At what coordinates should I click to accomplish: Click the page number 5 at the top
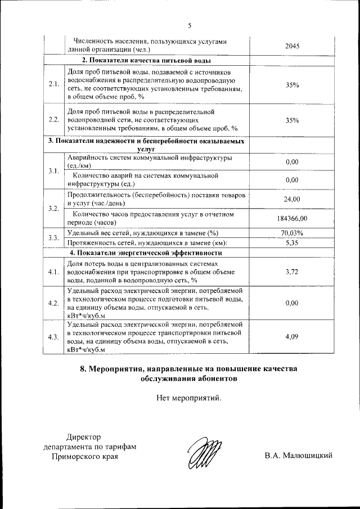(190, 25)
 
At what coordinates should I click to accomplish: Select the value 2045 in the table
(292, 46)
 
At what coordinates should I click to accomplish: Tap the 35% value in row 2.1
(292, 85)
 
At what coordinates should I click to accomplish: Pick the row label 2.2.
(54, 120)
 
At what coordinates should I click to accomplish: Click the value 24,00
(292, 199)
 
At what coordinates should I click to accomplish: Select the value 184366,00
(292, 218)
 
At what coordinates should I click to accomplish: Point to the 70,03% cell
(292, 233)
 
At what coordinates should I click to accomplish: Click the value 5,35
(292, 243)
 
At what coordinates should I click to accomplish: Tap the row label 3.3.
(54, 238)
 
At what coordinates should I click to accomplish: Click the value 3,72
(292, 272)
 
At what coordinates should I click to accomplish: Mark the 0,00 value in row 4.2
(292, 303)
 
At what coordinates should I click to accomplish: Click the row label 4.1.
(54, 272)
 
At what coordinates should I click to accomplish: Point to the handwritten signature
(201, 453)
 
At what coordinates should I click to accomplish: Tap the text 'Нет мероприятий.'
(190, 399)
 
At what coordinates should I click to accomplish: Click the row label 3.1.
(54, 171)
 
